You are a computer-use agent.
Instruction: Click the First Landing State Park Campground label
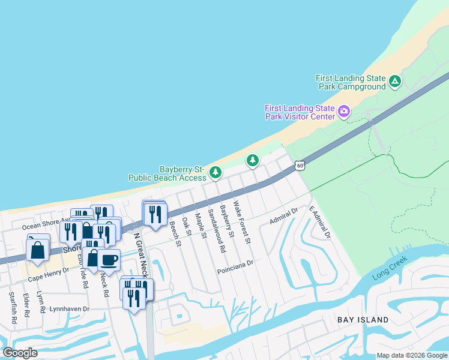(x=351, y=82)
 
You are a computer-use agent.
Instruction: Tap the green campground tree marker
(x=394, y=82)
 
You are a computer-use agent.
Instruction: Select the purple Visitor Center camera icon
(x=343, y=111)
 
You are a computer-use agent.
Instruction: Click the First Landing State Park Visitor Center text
(x=300, y=112)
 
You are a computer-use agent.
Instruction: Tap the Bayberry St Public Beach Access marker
(x=215, y=173)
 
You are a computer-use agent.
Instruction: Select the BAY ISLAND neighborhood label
(x=362, y=320)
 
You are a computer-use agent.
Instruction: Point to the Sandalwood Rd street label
(x=216, y=230)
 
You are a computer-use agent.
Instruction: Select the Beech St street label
(x=175, y=233)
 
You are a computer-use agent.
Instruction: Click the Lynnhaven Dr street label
(x=69, y=309)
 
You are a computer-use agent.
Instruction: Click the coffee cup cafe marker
(x=109, y=260)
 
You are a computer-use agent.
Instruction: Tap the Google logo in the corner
(x=20, y=353)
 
